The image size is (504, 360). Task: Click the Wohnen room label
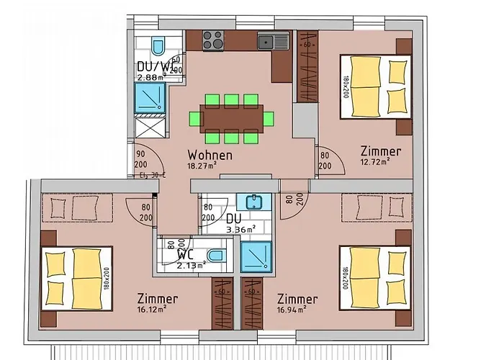(x=210, y=155)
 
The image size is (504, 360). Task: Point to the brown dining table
(x=232, y=117)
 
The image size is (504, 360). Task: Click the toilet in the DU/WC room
(x=158, y=47)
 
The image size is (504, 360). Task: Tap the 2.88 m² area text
(x=152, y=76)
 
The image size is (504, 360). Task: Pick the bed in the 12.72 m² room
(x=374, y=87)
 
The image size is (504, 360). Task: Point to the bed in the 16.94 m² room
(x=374, y=277)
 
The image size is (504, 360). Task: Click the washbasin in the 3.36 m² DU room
(x=253, y=202)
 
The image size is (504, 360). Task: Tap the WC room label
(x=185, y=254)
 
